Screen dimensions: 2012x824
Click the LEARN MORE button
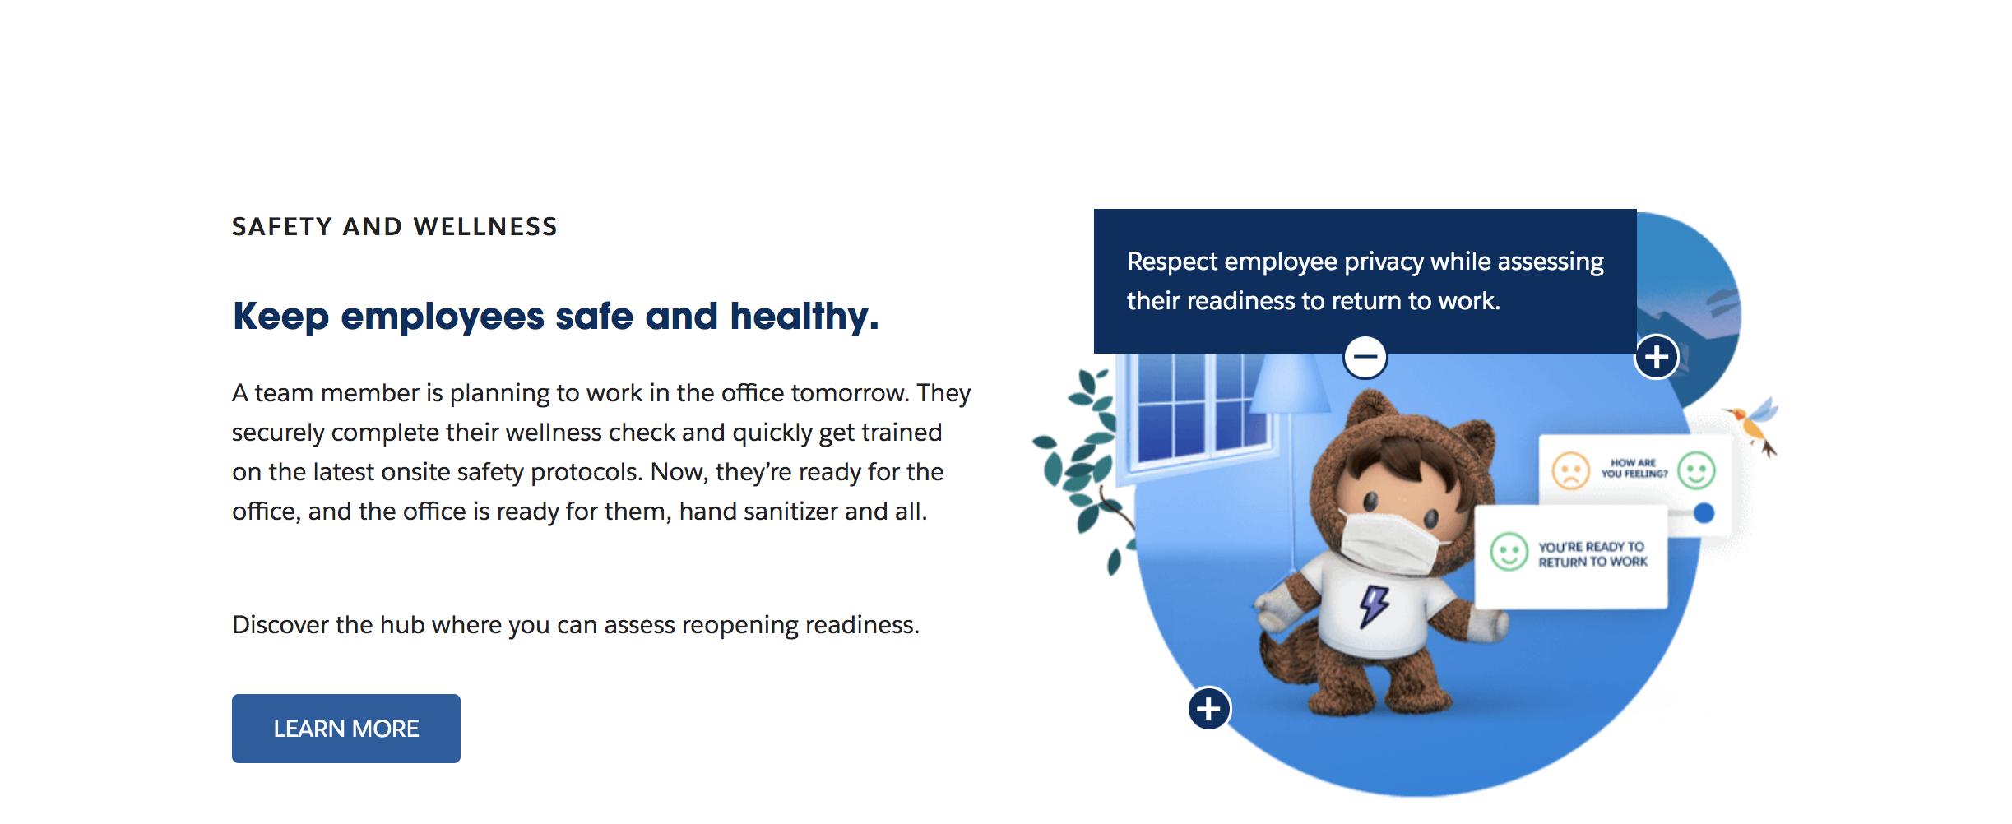tap(346, 729)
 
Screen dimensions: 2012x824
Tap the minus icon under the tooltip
tap(1365, 357)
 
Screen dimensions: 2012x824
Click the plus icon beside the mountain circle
tap(1657, 357)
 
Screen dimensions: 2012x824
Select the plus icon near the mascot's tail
tap(1209, 708)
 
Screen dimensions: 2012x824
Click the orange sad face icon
tap(1570, 471)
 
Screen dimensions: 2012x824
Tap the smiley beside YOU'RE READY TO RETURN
tap(1509, 551)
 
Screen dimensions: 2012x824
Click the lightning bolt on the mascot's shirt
tap(1374, 606)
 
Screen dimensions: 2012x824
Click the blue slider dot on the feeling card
tap(1704, 513)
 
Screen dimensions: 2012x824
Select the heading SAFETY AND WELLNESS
tap(395, 226)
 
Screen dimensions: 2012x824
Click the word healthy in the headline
tap(804, 317)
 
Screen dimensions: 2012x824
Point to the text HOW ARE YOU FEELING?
tap(1634, 468)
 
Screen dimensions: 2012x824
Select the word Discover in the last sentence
tap(280, 625)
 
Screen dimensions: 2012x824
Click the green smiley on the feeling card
tap(1696, 471)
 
